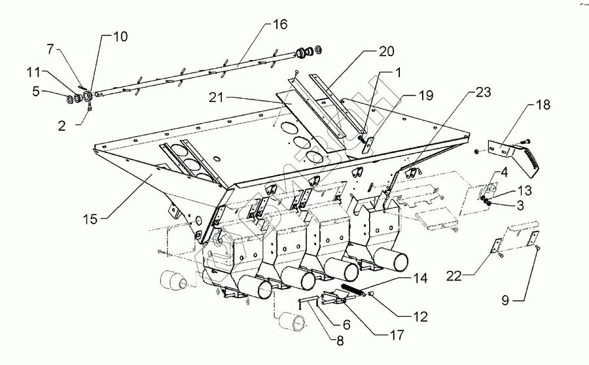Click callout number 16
280,25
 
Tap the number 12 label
419,317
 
